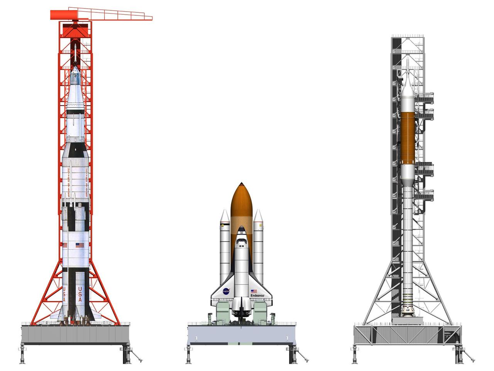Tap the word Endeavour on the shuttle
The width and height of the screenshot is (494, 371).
click(257, 296)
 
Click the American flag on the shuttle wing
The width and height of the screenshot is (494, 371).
click(254, 291)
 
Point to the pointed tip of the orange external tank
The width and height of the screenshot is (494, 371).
click(242, 183)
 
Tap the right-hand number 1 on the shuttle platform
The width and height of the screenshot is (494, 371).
click(287, 339)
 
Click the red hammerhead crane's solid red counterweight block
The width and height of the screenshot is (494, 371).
click(62, 15)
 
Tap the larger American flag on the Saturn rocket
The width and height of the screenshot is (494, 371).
click(80, 245)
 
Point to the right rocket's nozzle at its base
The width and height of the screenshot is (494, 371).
click(408, 312)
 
